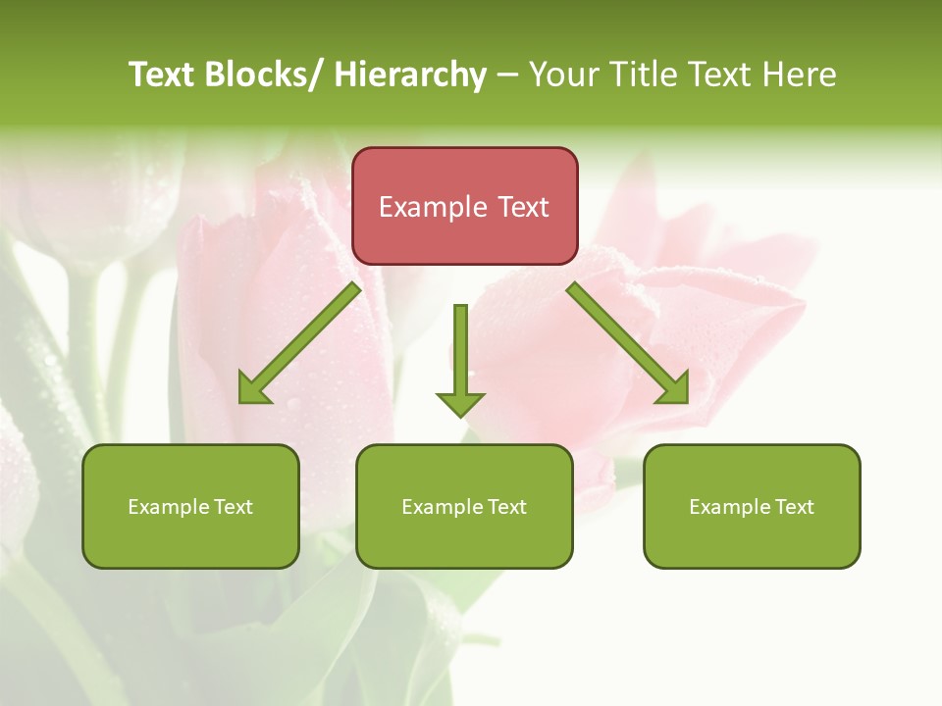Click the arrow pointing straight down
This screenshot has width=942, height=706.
460,358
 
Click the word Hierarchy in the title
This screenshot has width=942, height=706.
410,75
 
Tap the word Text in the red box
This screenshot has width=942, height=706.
523,207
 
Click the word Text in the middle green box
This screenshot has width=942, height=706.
506,507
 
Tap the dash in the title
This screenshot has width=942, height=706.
507,75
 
